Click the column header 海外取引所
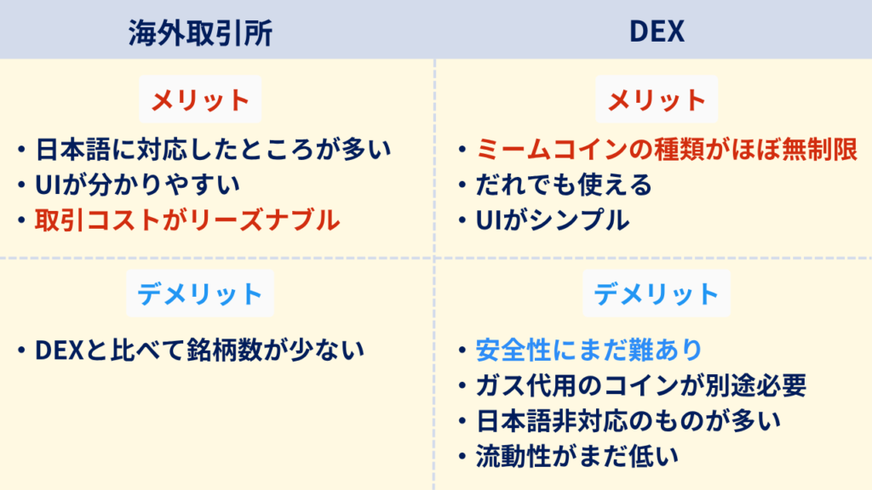(200, 32)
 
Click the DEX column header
(657, 31)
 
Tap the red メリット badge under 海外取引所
(200, 100)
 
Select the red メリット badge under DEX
(657, 100)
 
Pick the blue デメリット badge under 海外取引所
(200, 293)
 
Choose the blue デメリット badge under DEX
(657, 293)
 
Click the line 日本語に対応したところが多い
(214, 150)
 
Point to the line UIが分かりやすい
(137, 185)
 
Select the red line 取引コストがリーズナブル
(187, 220)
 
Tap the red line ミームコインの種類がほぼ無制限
(667, 150)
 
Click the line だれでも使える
(564, 185)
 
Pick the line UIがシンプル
(553, 220)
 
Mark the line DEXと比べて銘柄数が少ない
(199, 350)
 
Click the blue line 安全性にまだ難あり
(589, 350)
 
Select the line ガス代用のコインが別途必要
(641, 385)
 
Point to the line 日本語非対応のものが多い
(628, 421)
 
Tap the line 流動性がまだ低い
(577, 457)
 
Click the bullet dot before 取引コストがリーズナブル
(21, 220)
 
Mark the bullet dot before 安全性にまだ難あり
(462, 350)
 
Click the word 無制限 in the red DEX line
(820, 150)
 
